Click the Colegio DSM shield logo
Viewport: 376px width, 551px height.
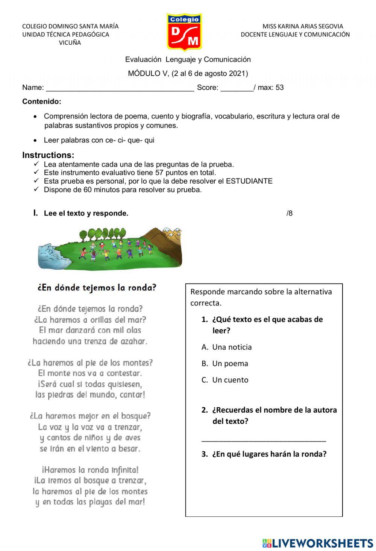(x=184, y=32)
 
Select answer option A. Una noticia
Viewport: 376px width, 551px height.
(x=227, y=347)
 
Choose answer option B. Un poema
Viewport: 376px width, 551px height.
(x=225, y=364)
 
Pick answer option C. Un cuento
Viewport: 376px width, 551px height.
(x=225, y=380)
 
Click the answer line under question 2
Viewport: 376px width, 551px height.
(x=264, y=439)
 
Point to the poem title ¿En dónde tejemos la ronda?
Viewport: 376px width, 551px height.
(x=97, y=288)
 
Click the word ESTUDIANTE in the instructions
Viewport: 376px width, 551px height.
(x=249, y=181)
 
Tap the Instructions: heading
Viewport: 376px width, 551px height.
(x=48, y=155)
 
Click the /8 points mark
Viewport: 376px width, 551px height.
(x=289, y=213)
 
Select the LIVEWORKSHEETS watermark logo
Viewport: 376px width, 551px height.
(x=318, y=543)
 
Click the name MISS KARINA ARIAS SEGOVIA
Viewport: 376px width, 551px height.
(x=303, y=26)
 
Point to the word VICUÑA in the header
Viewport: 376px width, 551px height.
(x=70, y=43)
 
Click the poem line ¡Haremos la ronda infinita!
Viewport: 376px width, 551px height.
(x=90, y=470)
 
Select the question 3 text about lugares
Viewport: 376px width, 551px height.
(x=269, y=454)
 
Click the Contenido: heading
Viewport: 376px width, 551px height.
(x=42, y=102)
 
